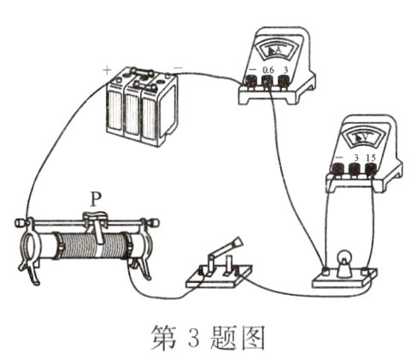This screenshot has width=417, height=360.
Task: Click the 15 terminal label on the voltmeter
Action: (371, 158)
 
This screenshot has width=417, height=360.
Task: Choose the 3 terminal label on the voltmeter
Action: (355, 158)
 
